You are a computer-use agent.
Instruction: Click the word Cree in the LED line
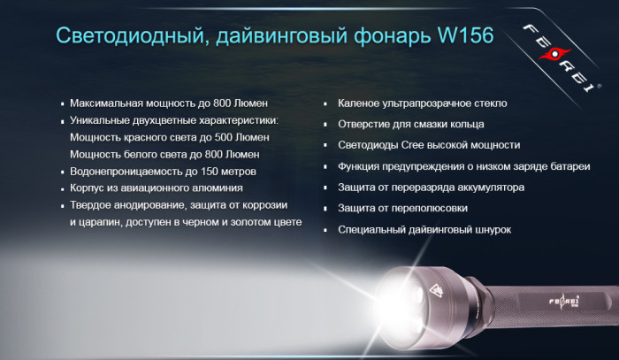410,145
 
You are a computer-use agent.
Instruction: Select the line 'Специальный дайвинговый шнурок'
424,229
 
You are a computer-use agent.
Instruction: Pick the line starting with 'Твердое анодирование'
181,205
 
